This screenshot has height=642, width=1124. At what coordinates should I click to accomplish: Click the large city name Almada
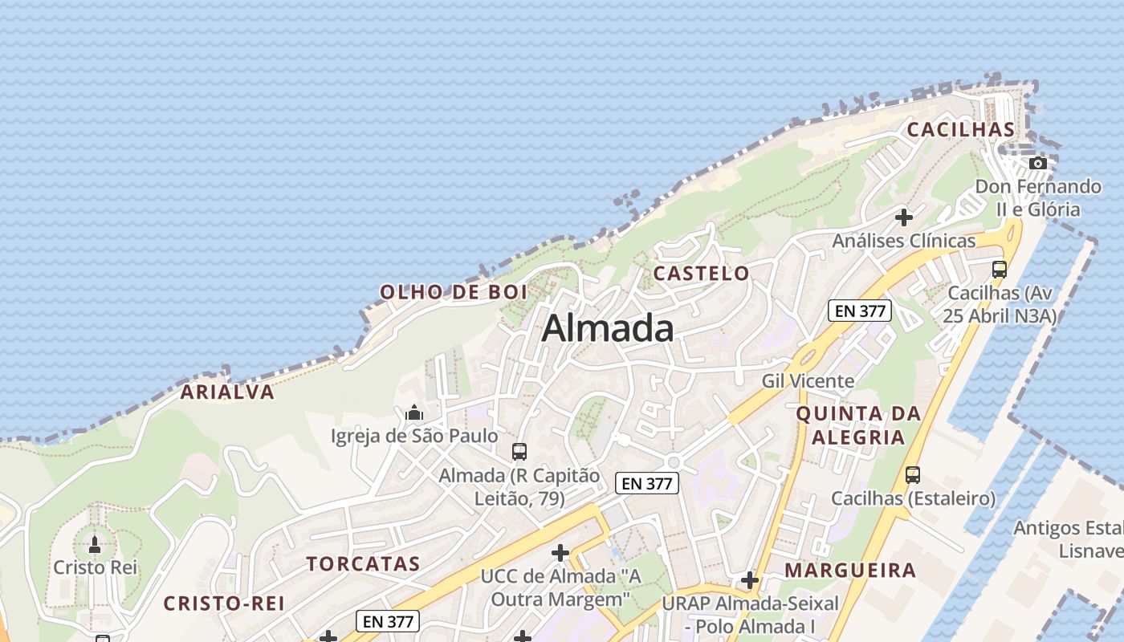(x=608, y=328)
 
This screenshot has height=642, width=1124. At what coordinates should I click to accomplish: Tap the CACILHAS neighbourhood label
(x=960, y=129)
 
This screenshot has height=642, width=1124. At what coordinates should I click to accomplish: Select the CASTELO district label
(x=701, y=273)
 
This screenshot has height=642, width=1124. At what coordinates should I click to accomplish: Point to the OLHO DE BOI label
(x=454, y=292)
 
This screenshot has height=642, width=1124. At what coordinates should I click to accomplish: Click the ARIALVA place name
(x=227, y=392)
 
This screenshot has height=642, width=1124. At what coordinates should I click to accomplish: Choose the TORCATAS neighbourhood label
(x=363, y=563)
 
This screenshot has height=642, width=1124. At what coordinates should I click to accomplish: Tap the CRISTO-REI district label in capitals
(x=224, y=603)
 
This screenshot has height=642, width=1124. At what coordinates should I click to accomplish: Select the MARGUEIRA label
(x=850, y=571)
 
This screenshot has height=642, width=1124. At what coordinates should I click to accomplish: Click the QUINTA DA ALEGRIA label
(x=858, y=425)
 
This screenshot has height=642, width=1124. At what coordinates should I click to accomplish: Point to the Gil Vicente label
(x=808, y=380)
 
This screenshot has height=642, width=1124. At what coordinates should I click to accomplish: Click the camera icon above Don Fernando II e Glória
(x=1038, y=163)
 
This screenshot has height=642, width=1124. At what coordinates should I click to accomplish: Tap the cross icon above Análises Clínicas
(x=904, y=217)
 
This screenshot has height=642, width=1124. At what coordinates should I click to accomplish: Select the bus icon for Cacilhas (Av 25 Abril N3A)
(x=1000, y=270)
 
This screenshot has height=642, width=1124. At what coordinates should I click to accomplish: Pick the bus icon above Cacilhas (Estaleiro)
(x=913, y=475)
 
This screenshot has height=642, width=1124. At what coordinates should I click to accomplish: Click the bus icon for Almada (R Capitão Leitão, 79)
(x=519, y=452)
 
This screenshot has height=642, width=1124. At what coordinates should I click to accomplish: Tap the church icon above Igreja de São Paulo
(x=414, y=413)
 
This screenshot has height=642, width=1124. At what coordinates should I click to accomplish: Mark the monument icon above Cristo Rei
(x=95, y=545)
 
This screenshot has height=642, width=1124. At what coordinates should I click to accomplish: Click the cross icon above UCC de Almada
(x=560, y=553)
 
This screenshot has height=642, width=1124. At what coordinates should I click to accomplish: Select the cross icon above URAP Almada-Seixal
(x=750, y=579)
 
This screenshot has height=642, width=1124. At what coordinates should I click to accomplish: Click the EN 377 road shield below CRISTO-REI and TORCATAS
(x=388, y=621)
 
